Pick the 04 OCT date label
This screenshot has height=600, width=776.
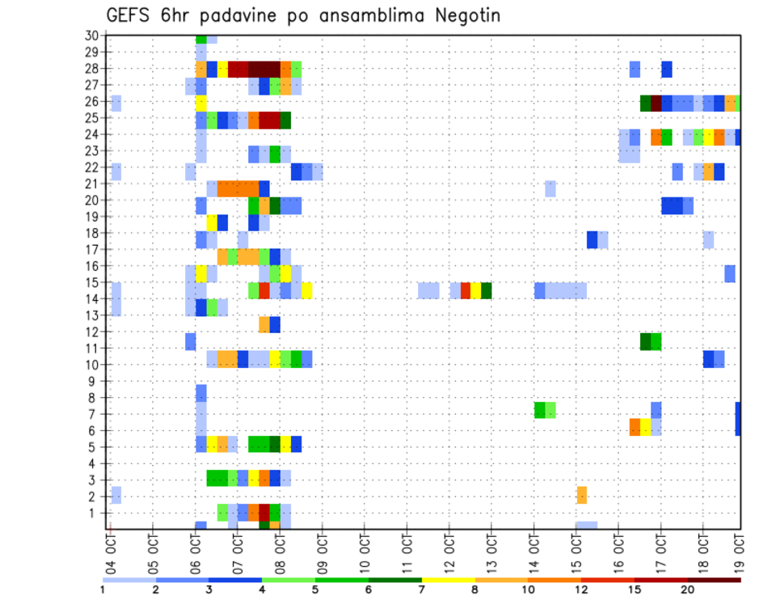tap(111, 550)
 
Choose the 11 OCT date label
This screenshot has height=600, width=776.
tap(406, 550)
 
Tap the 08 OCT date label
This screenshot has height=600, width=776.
tap(280, 550)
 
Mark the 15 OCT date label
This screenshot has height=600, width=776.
tap(575, 550)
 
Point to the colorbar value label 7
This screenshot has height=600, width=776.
tap(421, 589)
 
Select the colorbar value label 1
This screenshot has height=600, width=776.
tap(103, 589)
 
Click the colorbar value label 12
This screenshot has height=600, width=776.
tap(581, 589)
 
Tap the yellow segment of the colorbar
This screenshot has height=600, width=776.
tap(448, 580)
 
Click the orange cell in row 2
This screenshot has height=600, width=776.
tap(582, 495)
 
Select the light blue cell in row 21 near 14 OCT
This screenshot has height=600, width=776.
tap(550, 188)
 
